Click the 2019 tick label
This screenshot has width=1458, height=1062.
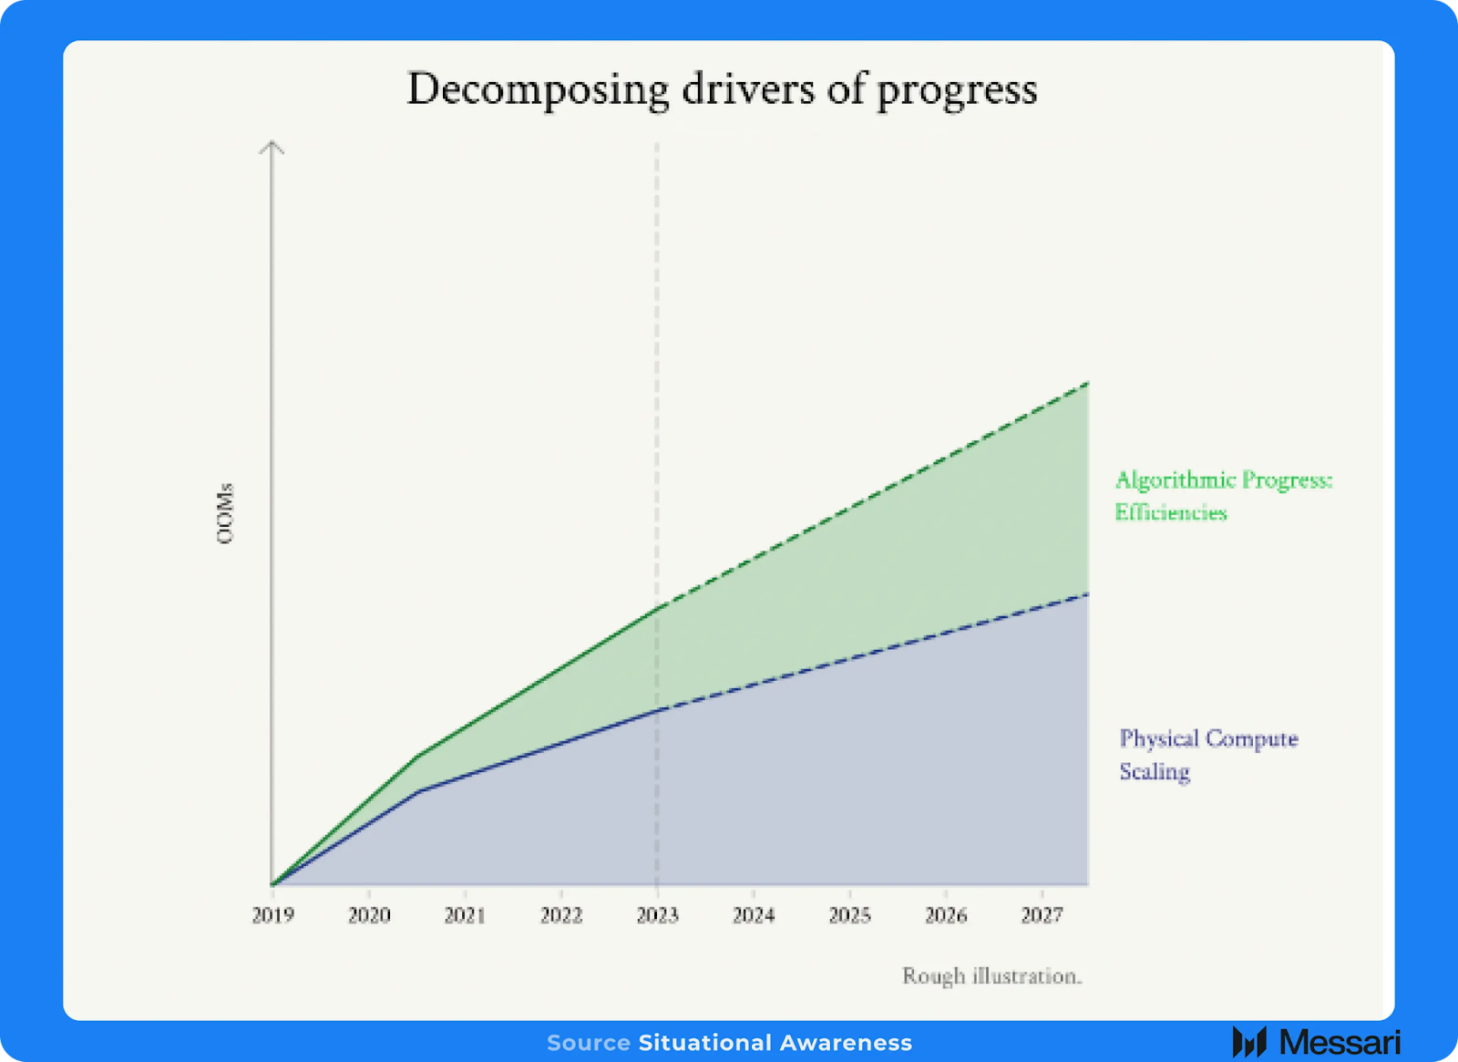click(272, 915)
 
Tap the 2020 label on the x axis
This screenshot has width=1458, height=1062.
click(369, 915)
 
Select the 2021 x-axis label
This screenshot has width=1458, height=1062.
click(465, 915)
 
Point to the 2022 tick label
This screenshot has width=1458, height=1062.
click(561, 915)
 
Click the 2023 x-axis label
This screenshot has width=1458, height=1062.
click(657, 915)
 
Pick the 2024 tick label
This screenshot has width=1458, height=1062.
click(754, 915)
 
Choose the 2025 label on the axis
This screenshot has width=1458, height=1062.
click(850, 915)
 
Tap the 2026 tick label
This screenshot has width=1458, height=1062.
click(947, 915)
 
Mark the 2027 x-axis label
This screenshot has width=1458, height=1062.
click(1042, 915)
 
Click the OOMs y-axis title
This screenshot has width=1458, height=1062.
click(224, 514)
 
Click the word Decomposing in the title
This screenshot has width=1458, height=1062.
click(538, 90)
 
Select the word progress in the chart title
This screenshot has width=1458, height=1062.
click(957, 91)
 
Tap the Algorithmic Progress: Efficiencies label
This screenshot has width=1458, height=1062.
click(1224, 496)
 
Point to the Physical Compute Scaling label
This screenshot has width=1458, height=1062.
click(1208, 755)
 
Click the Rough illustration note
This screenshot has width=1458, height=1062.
click(992, 976)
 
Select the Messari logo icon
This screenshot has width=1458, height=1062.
click(1249, 1042)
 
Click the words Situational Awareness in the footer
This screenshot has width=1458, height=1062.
click(775, 1043)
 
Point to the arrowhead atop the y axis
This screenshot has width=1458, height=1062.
click(272, 147)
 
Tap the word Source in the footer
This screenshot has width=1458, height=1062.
click(589, 1043)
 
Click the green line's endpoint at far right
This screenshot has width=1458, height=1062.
click(1088, 384)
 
